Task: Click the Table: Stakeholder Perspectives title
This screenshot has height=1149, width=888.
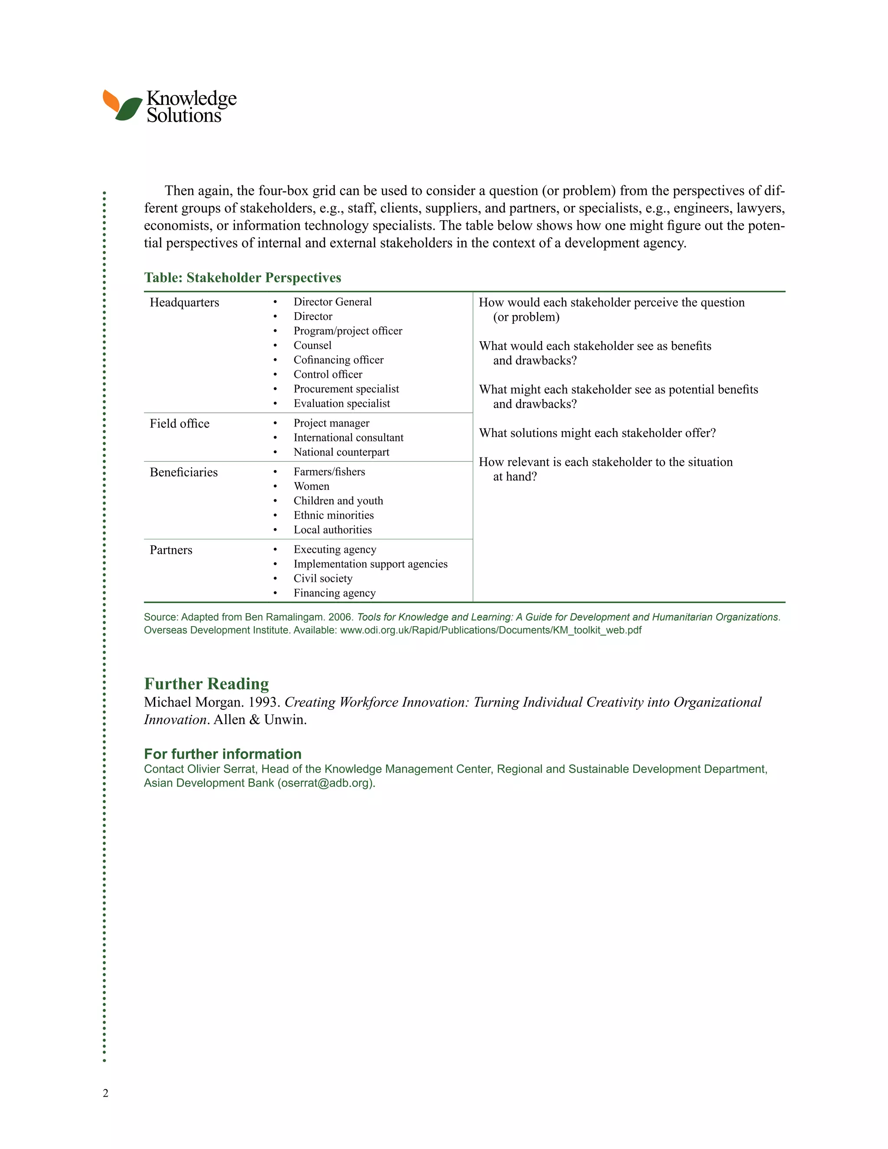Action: click(242, 278)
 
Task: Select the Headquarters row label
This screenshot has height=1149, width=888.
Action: click(184, 303)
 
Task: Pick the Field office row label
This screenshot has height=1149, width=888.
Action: click(180, 424)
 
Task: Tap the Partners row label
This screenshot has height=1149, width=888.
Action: click(171, 550)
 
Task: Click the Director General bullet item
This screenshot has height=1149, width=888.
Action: click(332, 302)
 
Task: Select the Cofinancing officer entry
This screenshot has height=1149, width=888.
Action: click(338, 360)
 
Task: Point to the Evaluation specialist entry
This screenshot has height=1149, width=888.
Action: click(341, 404)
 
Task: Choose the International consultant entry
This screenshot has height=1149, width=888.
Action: click(348, 438)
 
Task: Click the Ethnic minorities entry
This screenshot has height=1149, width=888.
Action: click(333, 516)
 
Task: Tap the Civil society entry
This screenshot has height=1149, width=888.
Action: click(323, 579)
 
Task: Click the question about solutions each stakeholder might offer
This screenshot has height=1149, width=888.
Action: click(597, 433)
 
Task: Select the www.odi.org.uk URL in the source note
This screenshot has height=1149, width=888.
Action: click(490, 630)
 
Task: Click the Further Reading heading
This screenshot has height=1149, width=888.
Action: click(206, 683)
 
